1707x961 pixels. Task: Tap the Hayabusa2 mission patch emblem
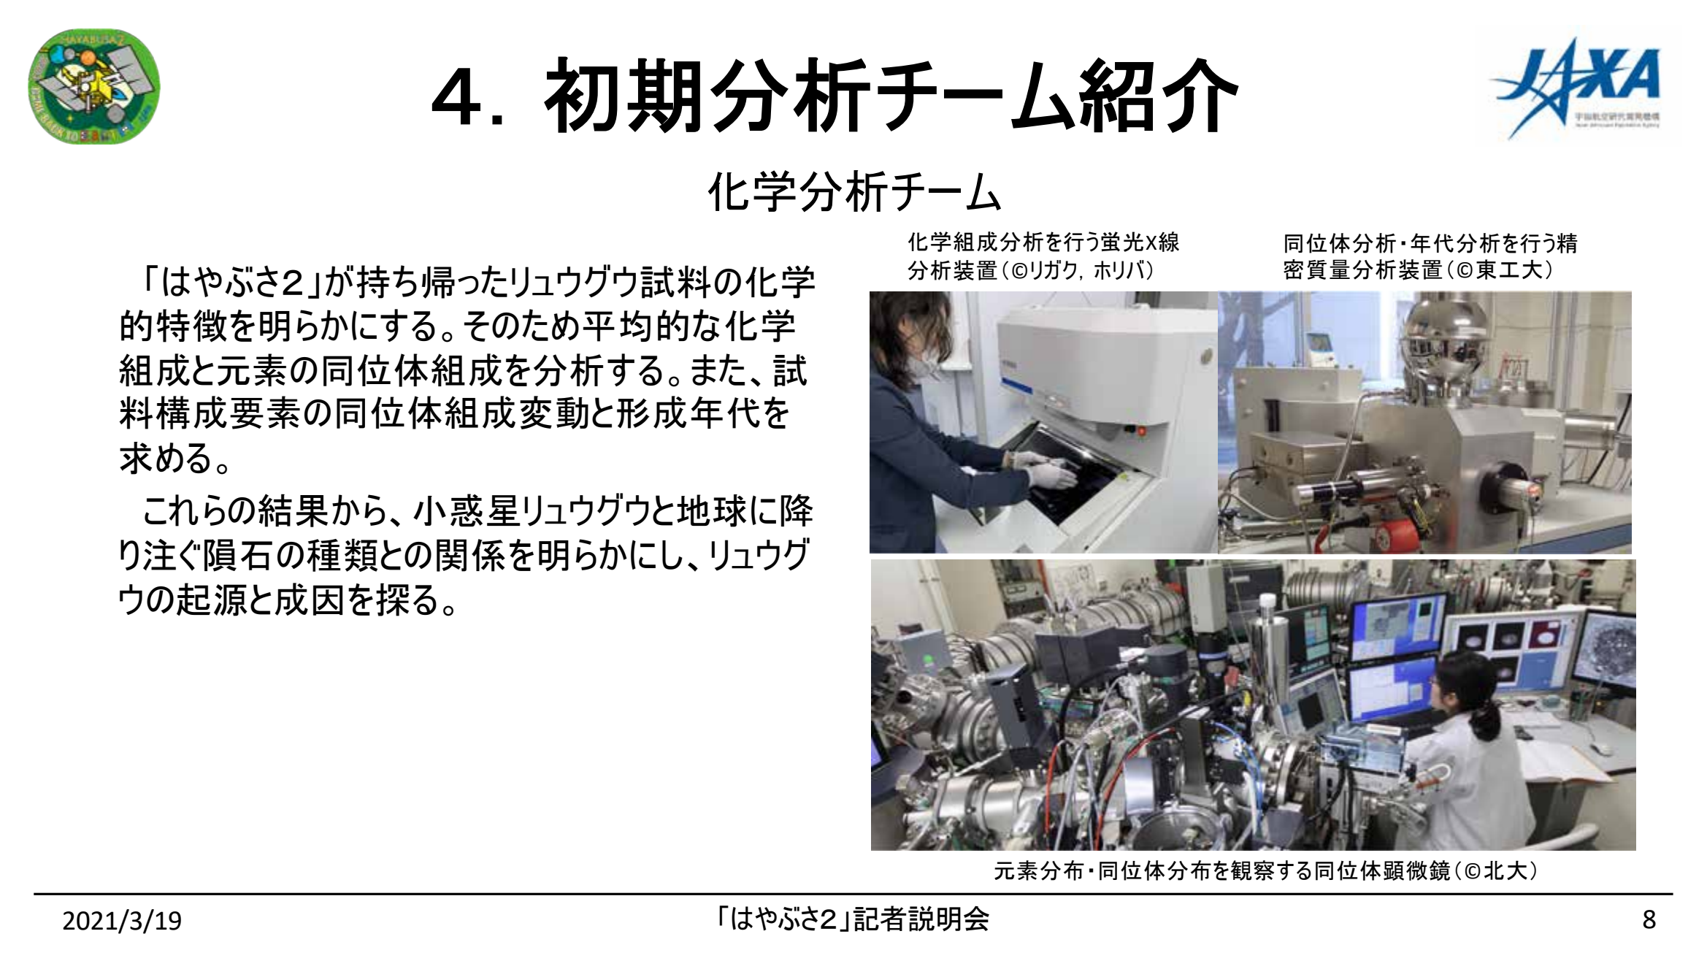[x=93, y=86]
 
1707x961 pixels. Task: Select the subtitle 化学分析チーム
[x=854, y=193]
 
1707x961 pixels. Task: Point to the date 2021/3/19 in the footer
[x=122, y=921]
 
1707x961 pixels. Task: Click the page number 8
[x=1649, y=919]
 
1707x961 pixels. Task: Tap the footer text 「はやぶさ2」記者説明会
[x=852, y=919]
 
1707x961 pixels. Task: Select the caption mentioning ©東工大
[x=1430, y=256]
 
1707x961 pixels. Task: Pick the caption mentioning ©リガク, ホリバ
[x=1043, y=256]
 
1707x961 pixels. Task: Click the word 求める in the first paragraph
[x=168, y=459]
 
